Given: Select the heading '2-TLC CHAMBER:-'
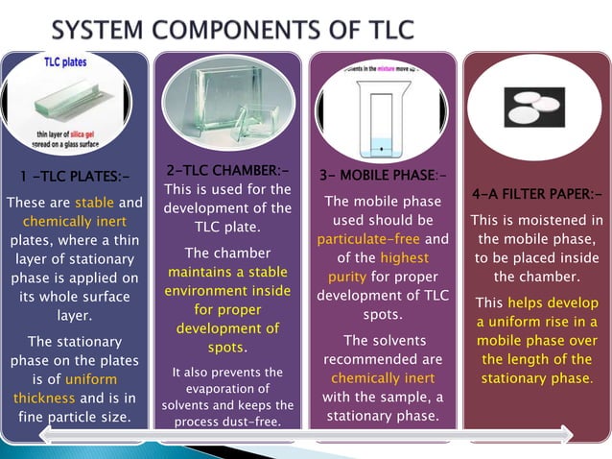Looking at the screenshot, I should pos(227,170).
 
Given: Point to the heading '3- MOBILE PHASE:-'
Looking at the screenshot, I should pos(382,176).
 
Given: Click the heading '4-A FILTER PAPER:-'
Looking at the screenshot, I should pos(536,195).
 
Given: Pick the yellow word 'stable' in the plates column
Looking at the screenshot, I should pos(94,203).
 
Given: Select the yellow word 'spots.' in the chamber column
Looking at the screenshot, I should pos(227,347).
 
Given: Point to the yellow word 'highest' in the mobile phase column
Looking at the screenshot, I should pos(404,257).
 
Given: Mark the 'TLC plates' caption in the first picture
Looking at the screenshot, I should pos(67,62).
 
